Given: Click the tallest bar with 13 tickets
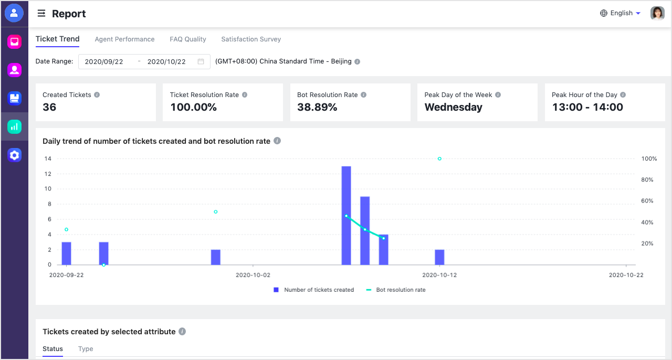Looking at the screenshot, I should [346, 215].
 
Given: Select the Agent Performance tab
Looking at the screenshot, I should [124, 39].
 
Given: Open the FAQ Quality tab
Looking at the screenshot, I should [188, 39].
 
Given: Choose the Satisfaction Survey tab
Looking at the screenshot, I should [251, 39].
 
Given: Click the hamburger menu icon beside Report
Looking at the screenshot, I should [41, 14].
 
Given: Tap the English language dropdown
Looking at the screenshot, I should [620, 13].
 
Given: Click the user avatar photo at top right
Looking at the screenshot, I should [657, 13].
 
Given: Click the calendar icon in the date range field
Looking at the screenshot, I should [201, 61].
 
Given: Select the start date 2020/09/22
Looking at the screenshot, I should [104, 61].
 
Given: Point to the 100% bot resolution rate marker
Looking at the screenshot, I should [439, 158].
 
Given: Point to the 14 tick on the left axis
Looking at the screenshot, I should [48, 158].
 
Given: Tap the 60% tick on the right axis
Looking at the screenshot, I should [647, 201].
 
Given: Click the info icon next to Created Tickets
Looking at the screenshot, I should [97, 95].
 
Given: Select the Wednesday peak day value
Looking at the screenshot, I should [453, 107].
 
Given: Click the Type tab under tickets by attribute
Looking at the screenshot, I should [86, 349].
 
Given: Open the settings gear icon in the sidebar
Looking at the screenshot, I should [14, 155].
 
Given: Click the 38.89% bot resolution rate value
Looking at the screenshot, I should [317, 107].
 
